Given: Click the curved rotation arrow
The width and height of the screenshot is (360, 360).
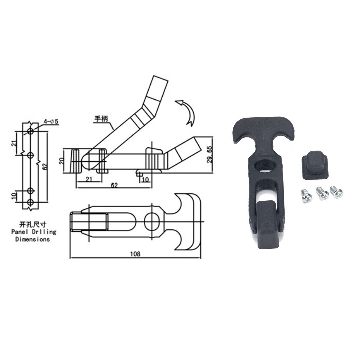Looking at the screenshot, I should click(x=187, y=112).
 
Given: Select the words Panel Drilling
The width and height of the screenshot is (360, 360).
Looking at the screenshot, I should click(x=33, y=232).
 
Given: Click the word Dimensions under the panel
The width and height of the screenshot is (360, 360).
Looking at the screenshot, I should click(x=33, y=239).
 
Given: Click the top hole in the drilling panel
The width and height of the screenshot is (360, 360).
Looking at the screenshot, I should click(x=30, y=131).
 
